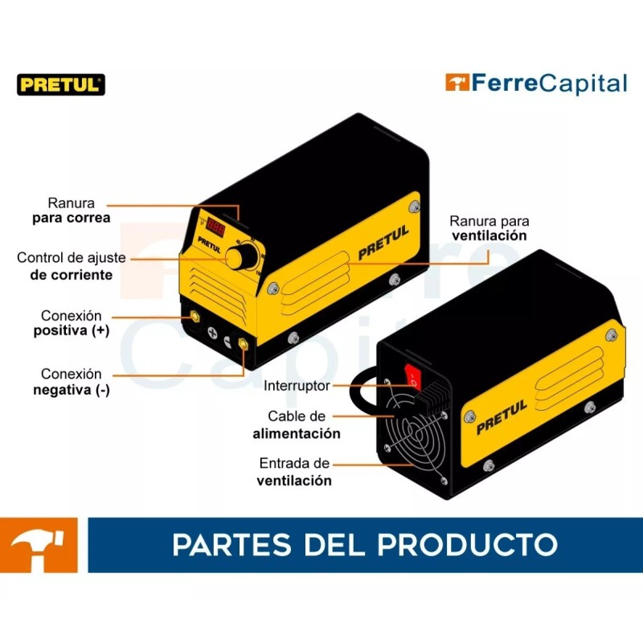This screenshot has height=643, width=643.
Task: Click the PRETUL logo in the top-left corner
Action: [x=61, y=84]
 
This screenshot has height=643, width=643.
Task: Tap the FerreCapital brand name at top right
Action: [x=536, y=83]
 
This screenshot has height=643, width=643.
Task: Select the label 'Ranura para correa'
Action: [x=72, y=211]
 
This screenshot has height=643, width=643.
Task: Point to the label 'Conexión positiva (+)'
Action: [x=72, y=322]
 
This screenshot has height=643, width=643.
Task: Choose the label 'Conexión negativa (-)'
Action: [x=72, y=382]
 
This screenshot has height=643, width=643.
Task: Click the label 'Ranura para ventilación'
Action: [x=489, y=228]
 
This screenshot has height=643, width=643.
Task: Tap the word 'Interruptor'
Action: [x=297, y=386]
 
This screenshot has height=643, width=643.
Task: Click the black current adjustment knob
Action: [x=239, y=258]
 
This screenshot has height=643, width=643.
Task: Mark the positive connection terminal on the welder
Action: [x=195, y=318]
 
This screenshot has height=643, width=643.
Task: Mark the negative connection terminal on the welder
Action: [x=240, y=342]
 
